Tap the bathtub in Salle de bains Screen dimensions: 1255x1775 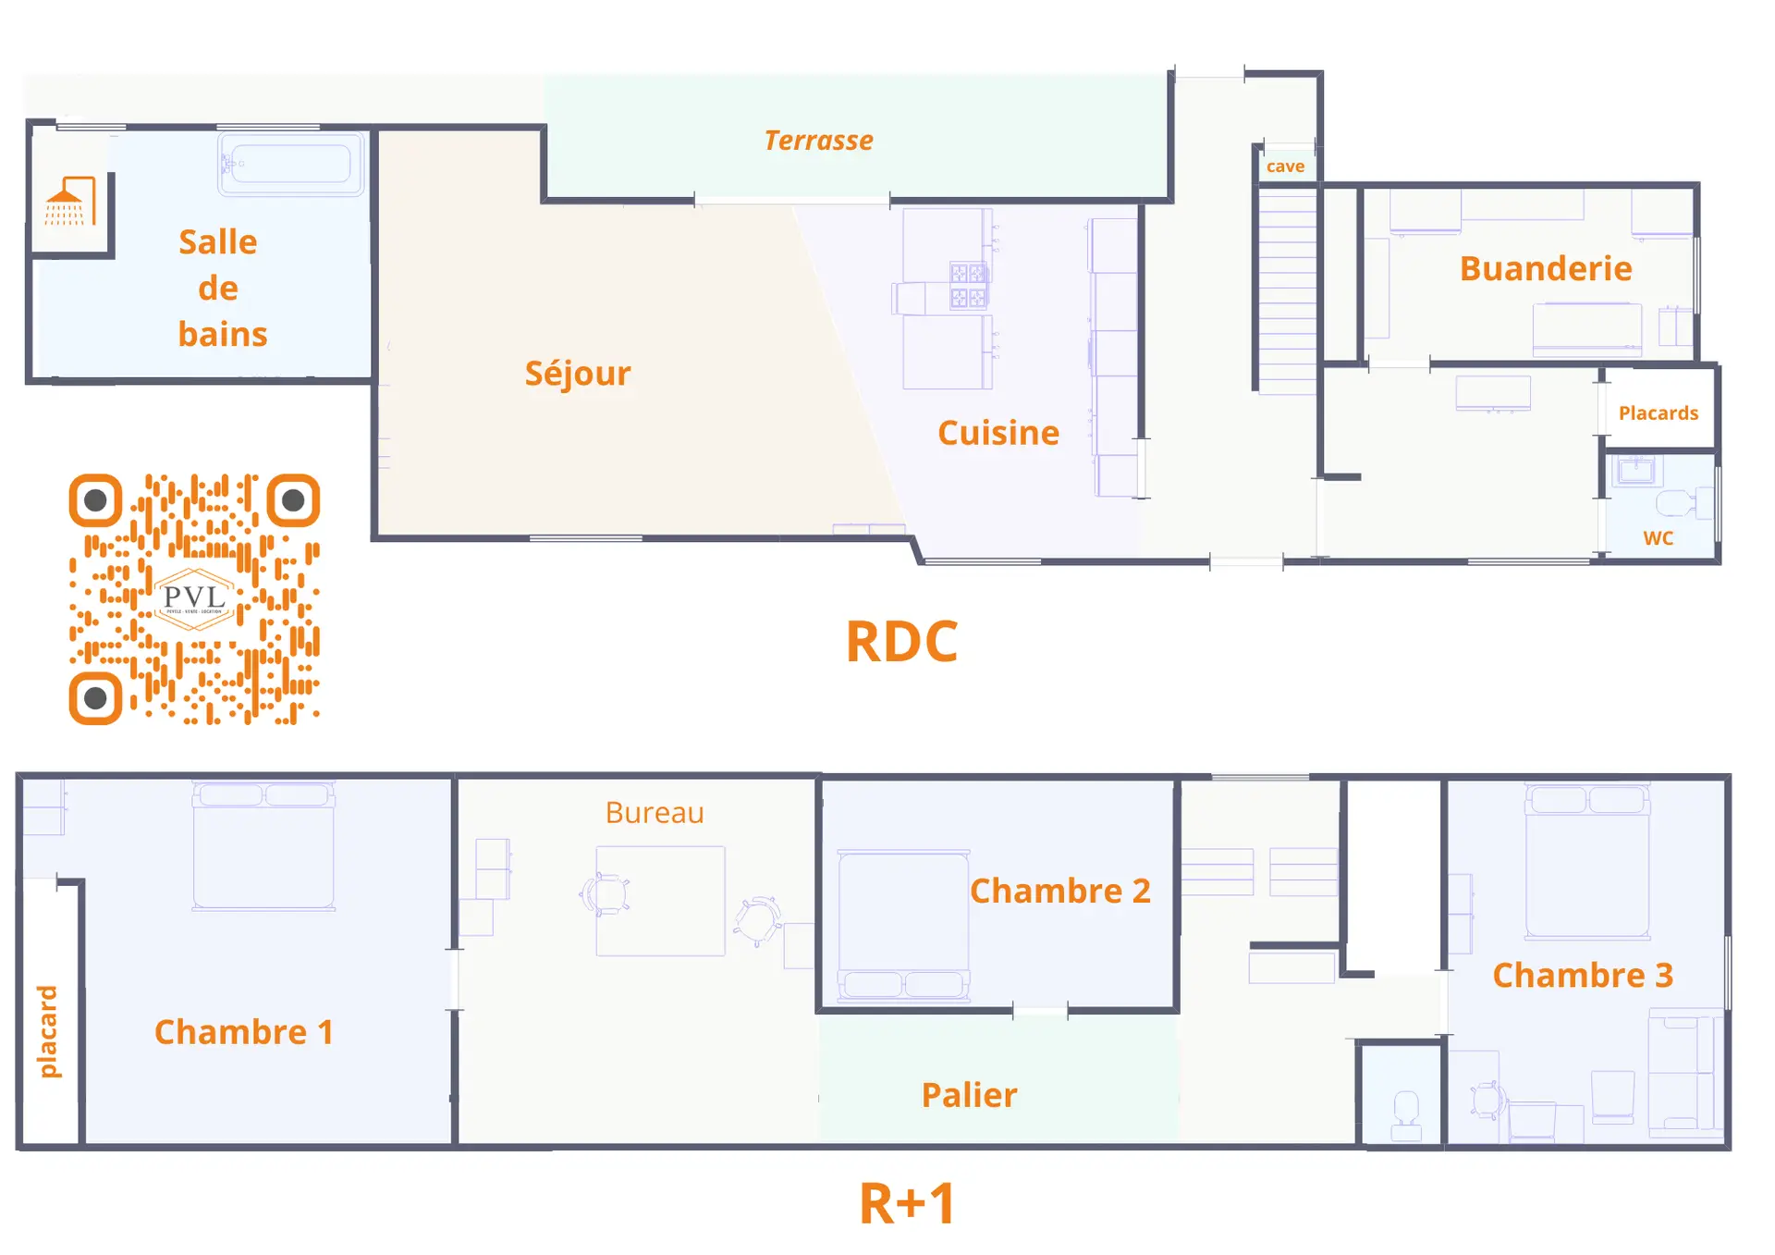pos(291,164)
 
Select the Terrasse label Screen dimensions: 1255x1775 pos(818,141)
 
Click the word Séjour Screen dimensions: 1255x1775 pos(578,374)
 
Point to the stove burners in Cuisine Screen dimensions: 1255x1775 pos(968,285)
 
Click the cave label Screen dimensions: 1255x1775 pos(1285,166)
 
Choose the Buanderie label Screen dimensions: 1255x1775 pos(1546,269)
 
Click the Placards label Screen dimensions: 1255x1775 pos(1658,413)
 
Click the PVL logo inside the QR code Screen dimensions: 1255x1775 pos(194,598)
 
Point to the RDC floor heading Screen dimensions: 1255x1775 pos(902,642)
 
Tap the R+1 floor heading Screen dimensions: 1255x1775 pos(907,1204)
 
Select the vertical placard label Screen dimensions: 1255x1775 pos(47,1031)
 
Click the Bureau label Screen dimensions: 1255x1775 pos(655,813)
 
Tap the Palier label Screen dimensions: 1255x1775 pos(969,1096)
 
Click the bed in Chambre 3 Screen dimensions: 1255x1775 pos(1586,862)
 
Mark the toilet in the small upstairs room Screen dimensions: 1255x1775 pos(1406,1113)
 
